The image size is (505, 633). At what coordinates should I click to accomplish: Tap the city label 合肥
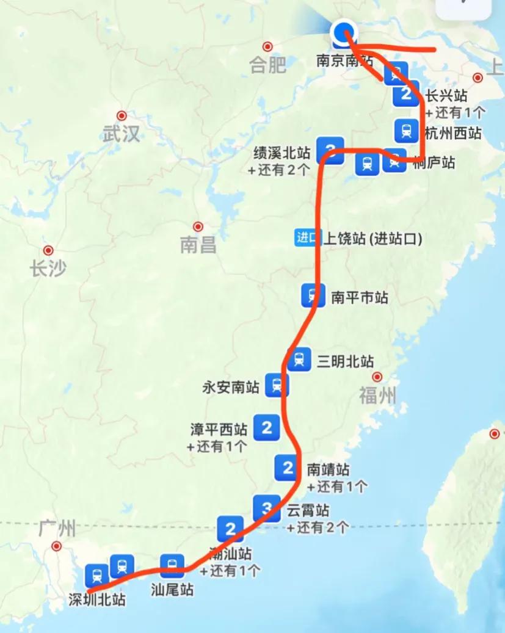click(267, 65)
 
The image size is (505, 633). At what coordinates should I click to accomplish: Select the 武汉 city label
click(122, 134)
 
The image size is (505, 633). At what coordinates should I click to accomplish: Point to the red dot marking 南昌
click(198, 226)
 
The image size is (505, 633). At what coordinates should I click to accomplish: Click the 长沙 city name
click(48, 269)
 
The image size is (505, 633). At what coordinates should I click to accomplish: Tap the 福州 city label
click(377, 396)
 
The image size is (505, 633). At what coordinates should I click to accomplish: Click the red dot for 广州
click(57, 546)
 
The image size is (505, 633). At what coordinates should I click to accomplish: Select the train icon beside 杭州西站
click(406, 129)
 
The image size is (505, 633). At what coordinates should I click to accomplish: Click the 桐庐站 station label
click(434, 162)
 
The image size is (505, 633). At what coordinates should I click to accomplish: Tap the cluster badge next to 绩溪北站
click(330, 150)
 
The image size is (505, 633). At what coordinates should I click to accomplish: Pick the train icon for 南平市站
click(313, 295)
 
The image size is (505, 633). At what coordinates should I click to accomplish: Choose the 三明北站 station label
click(345, 361)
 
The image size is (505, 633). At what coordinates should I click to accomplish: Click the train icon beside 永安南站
click(277, 386)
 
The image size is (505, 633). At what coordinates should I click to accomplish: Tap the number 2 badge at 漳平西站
click(266, 427)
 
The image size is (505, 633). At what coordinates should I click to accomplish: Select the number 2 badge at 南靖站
click(287, 468)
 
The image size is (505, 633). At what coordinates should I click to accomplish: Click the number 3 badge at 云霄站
click(266, 508)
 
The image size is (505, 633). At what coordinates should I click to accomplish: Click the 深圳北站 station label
click(97, 600)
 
